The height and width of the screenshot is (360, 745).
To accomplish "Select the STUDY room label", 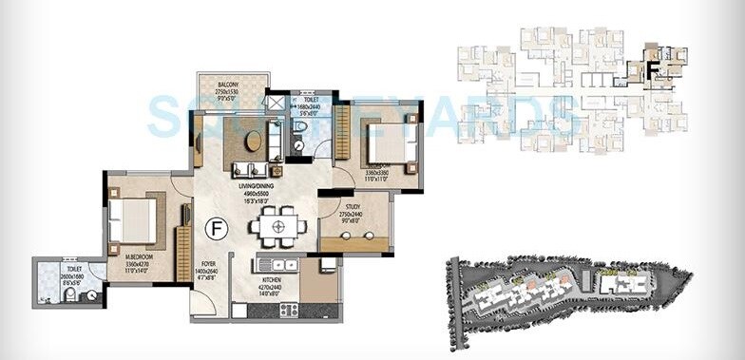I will [x=352, y=205].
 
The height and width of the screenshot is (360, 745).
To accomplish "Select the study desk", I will [x=353, y=244].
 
